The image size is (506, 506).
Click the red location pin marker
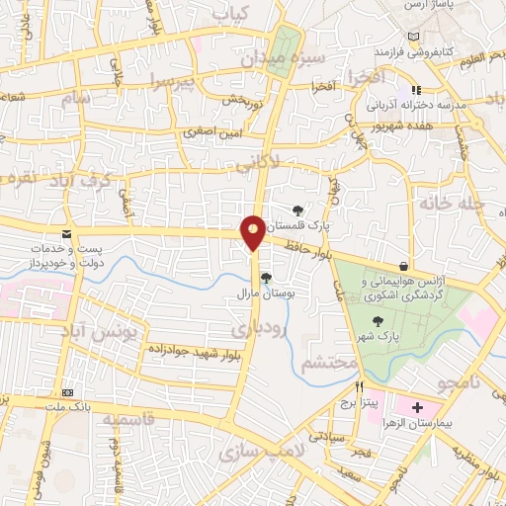pyautogui.click(x=254, y=232)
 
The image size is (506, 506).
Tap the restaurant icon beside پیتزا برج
pyautogui.click(x=360, y=387)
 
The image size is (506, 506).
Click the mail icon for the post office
pyautogui.click(x=66, y=234)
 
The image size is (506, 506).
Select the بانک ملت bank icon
pyautogui.click(x=66, y=392)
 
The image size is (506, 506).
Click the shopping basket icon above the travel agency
pyautogui.click(x=403, y=266)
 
